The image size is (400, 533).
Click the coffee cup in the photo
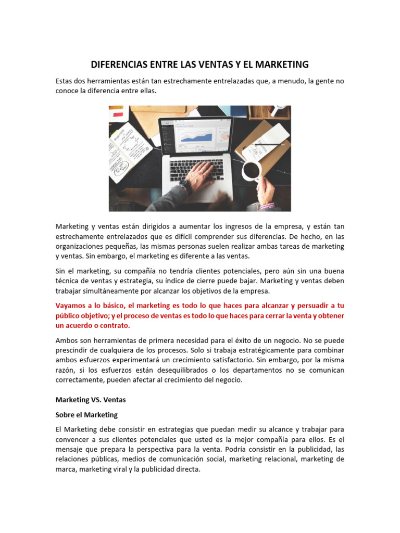click(252, 170)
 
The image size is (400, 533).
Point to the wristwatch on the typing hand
click(185, 186)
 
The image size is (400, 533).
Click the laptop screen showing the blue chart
click(196, 136)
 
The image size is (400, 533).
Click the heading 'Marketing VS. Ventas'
click(91, 400)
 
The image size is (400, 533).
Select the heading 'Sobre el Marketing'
click(86, 415)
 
